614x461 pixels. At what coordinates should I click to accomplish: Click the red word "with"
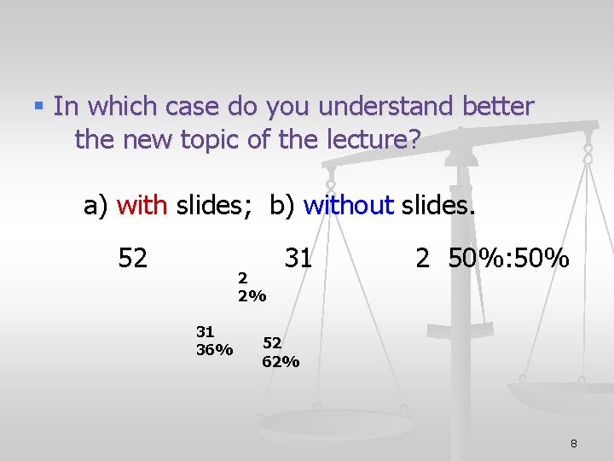(x=143, y=205)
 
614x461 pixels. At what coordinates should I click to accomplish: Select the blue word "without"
(x=348, y=205)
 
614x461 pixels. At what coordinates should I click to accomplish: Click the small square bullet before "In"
(x=38, y=107)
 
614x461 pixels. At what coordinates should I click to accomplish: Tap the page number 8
(x=574, y=443)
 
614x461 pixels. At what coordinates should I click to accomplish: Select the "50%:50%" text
(x=508, y=257)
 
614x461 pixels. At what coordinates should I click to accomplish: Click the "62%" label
(x=281, y=362)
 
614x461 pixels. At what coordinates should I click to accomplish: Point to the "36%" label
(x=214, y=350)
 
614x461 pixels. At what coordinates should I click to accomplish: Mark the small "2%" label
(x=252, y=297)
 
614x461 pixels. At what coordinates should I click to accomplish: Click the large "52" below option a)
(x=133, y=257)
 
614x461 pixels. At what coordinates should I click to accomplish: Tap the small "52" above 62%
(x=272, y=342)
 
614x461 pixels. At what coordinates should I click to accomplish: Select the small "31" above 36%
(x=205, y=331)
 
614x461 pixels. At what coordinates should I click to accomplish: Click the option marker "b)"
(x=282, y=205)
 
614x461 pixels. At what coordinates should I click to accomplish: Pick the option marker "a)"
(x=96, y=205)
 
